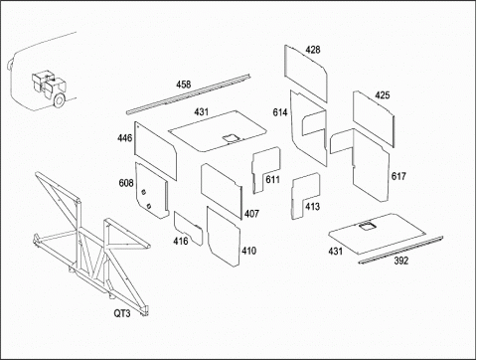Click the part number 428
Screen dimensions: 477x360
313,50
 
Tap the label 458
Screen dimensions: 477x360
183,85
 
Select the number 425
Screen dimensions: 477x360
382,95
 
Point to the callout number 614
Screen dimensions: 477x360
280,112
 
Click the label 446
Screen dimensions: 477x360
124,138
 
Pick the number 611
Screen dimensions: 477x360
272,180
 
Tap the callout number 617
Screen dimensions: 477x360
398,176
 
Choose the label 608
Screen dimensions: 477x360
126,183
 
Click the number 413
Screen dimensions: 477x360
312,207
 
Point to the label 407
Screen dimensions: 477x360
251,214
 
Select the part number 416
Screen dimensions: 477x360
181,241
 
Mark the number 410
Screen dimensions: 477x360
248,251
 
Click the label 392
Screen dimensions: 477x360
401,261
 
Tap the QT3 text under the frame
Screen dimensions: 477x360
122,313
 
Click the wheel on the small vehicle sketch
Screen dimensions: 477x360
59,100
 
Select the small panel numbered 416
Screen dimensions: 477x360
188,228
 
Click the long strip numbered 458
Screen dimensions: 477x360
188,94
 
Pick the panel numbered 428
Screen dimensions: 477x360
306,74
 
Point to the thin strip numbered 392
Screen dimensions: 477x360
400,250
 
